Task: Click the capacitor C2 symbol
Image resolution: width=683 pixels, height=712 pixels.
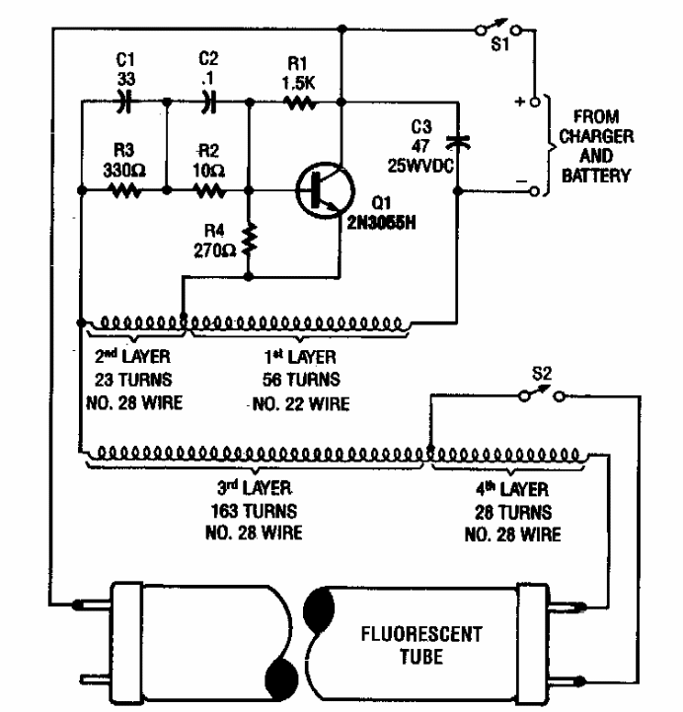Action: click(207, 101)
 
